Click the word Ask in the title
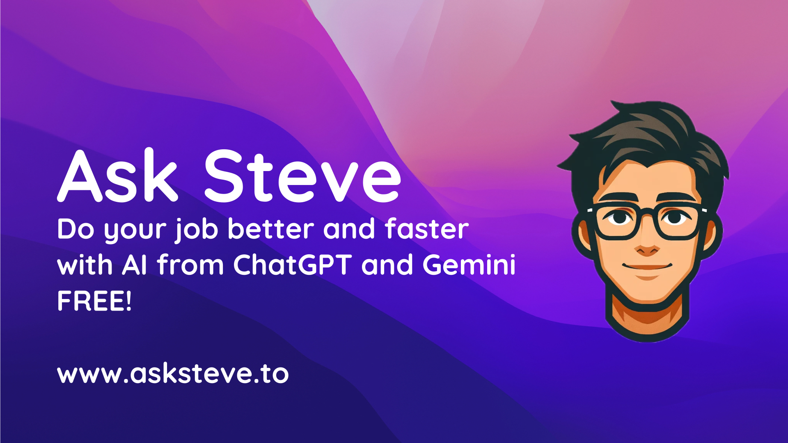tap(117, 176)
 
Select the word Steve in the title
tap(302, 176)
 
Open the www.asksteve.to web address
tap(173, 374)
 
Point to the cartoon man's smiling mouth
tap(647, 267)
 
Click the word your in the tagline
tap(135, 229)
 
